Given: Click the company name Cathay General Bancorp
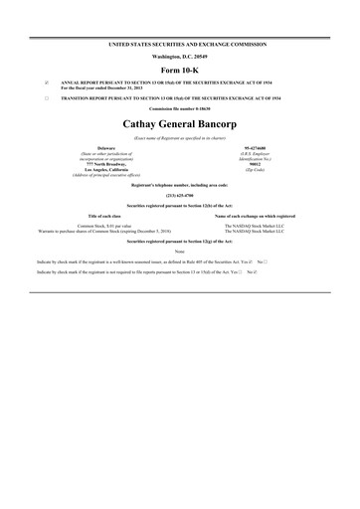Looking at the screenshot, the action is pos(180,125).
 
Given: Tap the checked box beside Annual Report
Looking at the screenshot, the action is pos(47,83).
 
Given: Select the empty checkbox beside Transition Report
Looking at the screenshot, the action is pos(47,99).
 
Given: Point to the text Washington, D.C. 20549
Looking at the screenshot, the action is pos(180,56).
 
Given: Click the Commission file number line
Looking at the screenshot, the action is pos(180,110).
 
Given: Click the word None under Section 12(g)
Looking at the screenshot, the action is pos(180,252).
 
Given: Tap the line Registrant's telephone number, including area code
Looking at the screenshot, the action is pos(180,186).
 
